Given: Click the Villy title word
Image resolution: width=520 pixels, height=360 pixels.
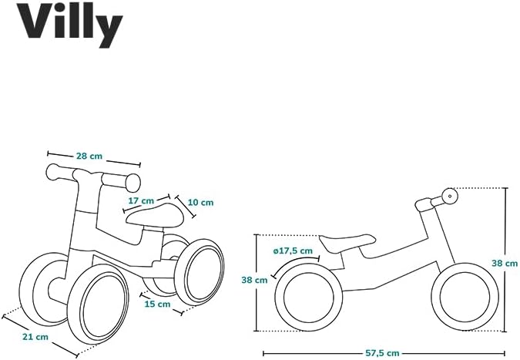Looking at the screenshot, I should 70,24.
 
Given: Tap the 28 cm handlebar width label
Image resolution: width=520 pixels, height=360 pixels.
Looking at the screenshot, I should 89,156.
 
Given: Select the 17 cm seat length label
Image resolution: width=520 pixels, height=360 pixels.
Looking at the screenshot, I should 139,201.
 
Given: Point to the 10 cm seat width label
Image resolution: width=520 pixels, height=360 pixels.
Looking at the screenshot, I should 200,202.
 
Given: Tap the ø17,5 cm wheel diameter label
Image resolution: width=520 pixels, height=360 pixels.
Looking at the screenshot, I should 293,251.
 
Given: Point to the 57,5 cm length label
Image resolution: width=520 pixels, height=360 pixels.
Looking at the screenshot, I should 382,353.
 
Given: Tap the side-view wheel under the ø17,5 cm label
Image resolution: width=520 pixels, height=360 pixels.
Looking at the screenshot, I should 307,296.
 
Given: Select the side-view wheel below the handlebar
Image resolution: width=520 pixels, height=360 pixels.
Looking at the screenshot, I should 460,296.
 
